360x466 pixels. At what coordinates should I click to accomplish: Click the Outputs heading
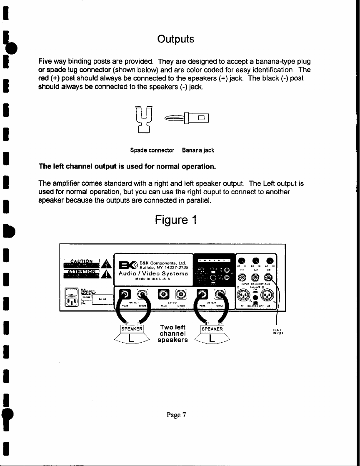(x=175, y=39)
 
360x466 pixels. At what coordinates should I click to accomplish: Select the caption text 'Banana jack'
(x=198, y=150)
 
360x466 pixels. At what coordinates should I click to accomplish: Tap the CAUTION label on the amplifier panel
(x=81, y=262)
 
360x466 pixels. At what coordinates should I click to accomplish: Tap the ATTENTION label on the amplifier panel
(x=81, y=273)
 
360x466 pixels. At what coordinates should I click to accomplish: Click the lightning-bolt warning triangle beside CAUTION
(x=106, y=263)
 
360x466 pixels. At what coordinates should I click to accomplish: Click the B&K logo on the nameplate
(x=125, y=265)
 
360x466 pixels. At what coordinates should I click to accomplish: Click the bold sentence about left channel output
(x=127, y=167)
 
